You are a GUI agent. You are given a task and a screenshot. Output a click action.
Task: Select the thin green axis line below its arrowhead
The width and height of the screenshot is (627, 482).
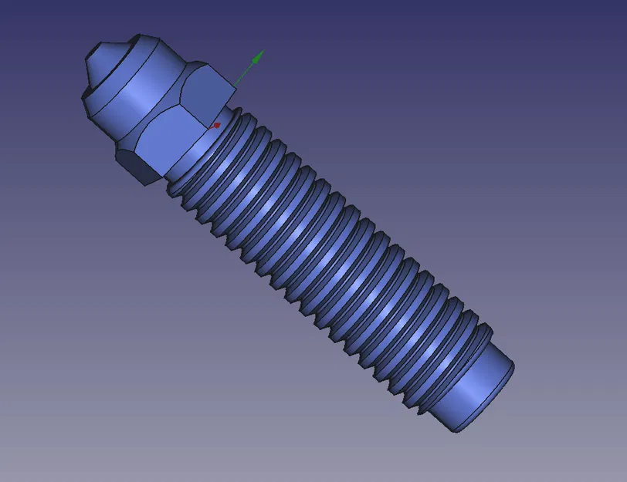245,73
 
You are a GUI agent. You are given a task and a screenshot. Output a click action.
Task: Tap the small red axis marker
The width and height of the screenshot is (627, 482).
217,124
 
